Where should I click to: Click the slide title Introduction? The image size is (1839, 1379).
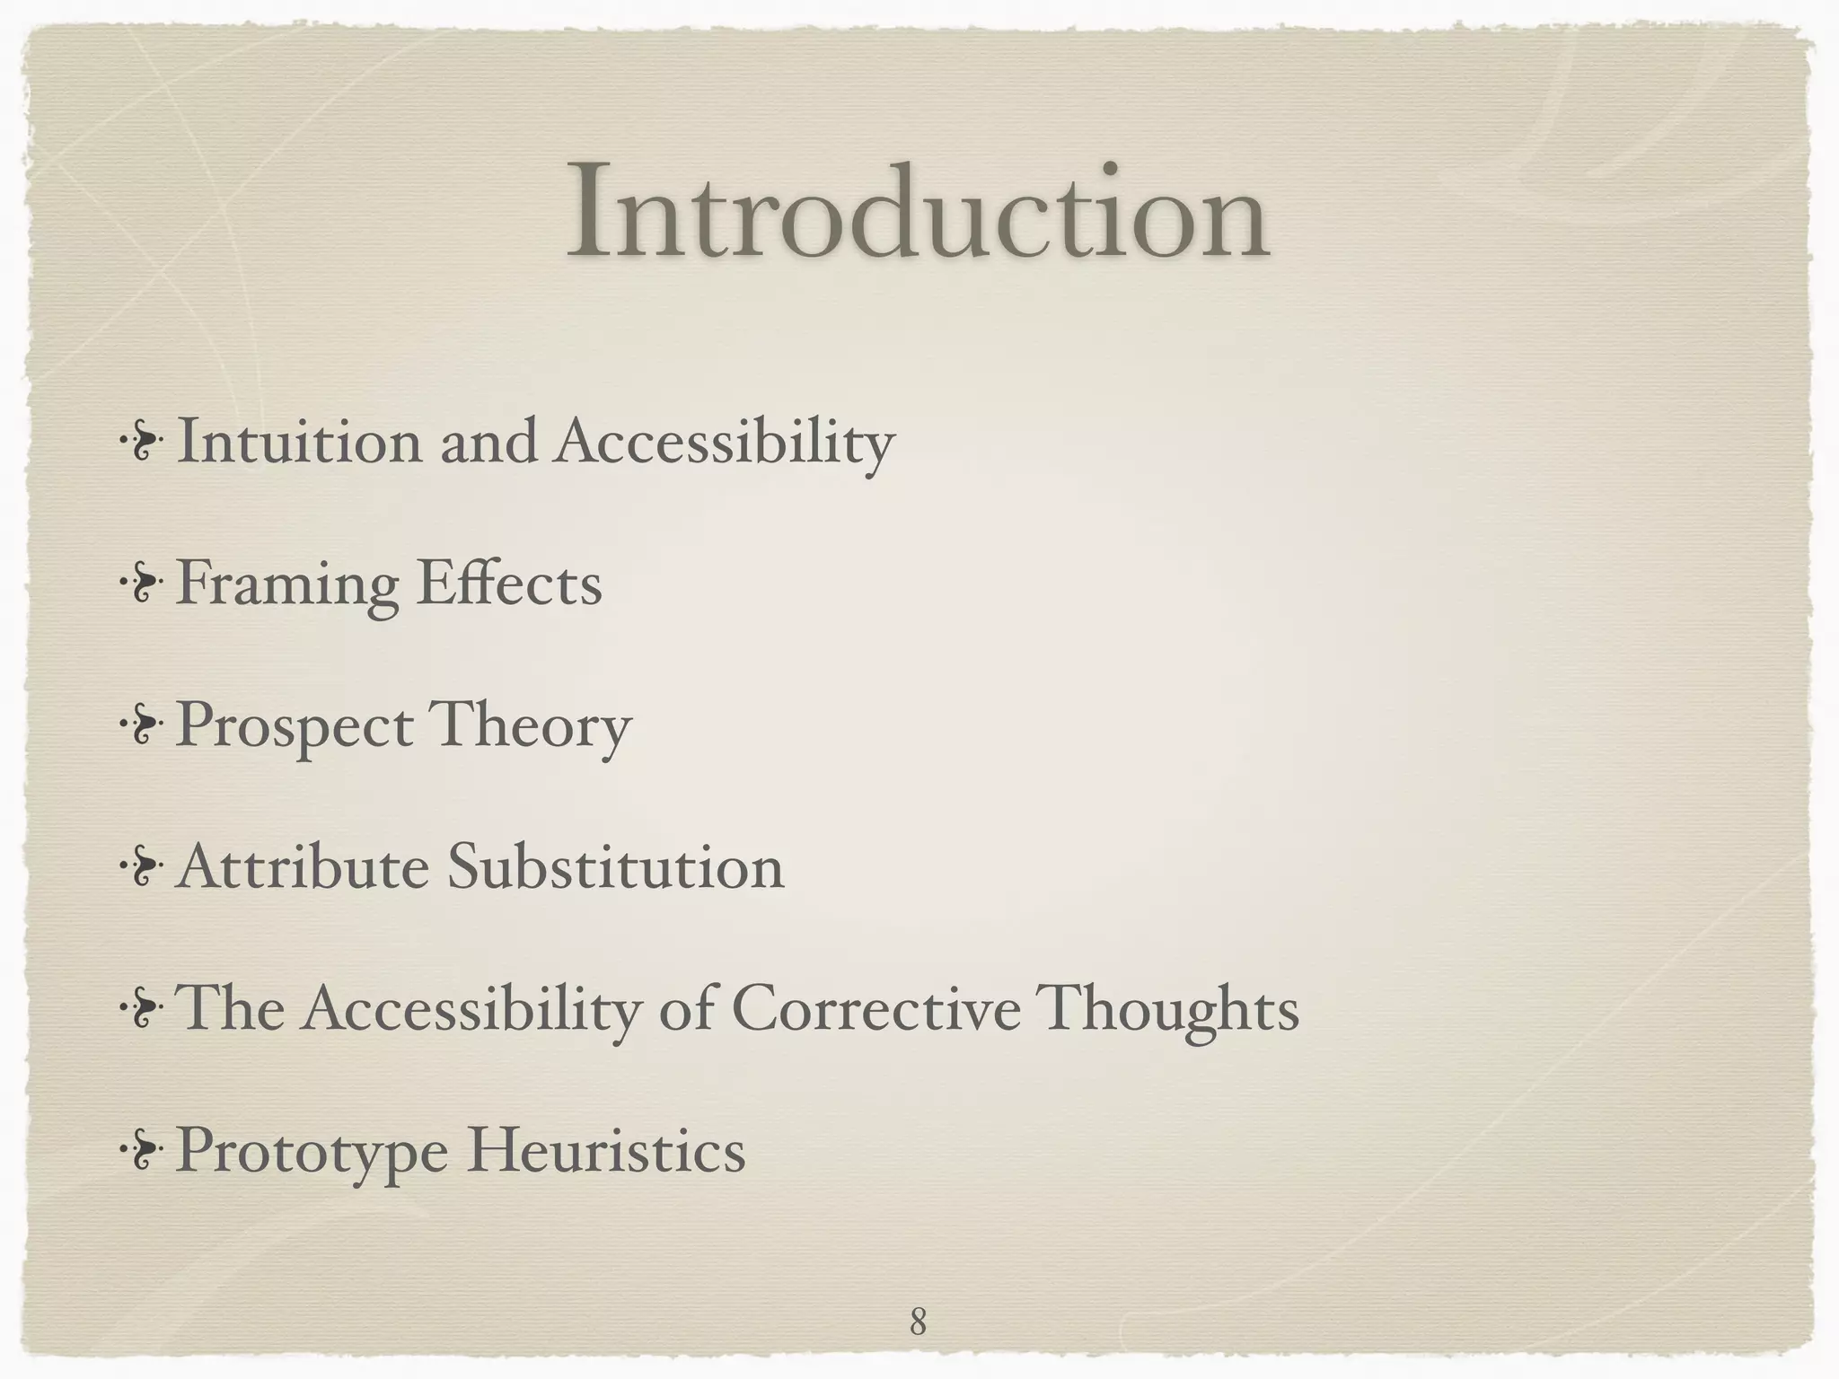[918, 214]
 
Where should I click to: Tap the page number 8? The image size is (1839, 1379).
[918, 1296]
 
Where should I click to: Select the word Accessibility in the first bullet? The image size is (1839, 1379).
[724, 444]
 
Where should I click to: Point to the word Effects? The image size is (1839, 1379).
[509, 584]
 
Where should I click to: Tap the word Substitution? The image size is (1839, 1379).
[616, 869]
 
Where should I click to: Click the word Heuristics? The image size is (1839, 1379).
[605, 1151]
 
